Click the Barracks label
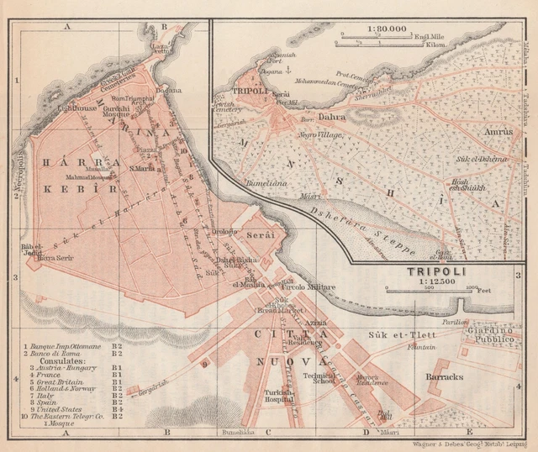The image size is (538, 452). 444,377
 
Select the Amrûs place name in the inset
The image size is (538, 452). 498,132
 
